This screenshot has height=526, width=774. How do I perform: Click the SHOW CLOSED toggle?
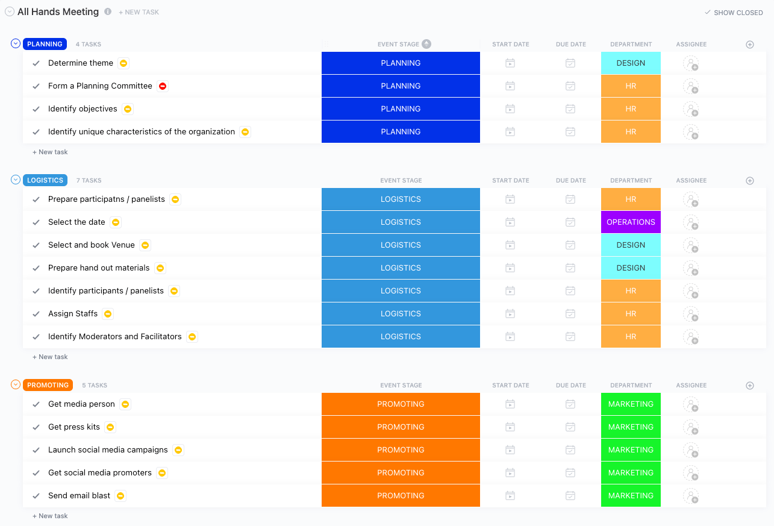click(734, 13)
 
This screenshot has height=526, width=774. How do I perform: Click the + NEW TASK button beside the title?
click(139, 12)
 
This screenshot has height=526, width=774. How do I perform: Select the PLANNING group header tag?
click(45, 44)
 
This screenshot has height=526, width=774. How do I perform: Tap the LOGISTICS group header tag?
click(45, 180)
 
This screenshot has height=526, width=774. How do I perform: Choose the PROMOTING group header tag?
click(48, 385)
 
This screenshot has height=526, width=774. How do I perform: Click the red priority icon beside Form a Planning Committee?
click(163, 86)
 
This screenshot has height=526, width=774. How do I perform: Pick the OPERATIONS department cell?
click(631, 222)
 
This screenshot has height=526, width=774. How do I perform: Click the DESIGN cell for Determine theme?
click(631, 63)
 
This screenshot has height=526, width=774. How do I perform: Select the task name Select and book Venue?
click(92, 245)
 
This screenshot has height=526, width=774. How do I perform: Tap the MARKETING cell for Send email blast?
click(631, 496)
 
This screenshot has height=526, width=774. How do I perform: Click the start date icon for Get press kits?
click(510, 427)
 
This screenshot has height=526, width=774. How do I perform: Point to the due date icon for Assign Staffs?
click(570, 314)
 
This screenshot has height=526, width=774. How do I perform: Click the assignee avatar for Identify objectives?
click(691, 109)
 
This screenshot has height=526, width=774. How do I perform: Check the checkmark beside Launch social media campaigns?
click(36, 450)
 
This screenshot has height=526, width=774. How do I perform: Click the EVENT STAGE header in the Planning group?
click(398, 44)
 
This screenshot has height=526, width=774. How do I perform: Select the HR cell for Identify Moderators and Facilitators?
click(631, 337)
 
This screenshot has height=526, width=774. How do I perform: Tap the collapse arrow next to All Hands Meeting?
click(10, 11)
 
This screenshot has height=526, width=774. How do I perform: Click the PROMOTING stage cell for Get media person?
click(401, 404)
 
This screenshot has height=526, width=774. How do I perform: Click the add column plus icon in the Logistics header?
click(750, 180)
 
